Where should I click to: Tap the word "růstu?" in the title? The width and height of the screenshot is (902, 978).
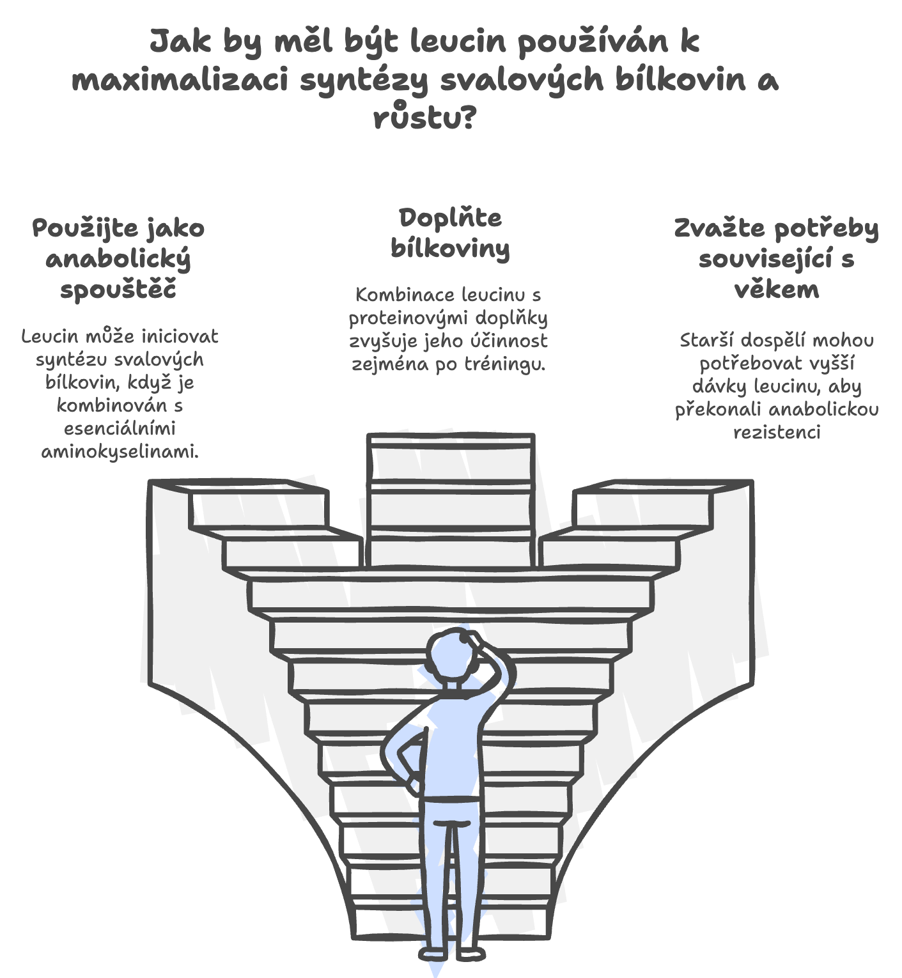point(425,117)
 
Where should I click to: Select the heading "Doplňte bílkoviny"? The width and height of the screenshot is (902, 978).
point(450,233)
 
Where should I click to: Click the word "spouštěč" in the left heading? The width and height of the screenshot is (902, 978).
point(118,290)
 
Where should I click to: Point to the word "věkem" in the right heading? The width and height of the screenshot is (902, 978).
point(777,290)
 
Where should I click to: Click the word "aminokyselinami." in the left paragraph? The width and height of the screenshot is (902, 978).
point(120,451)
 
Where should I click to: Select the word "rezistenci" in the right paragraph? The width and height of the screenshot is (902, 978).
point(777,432)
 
